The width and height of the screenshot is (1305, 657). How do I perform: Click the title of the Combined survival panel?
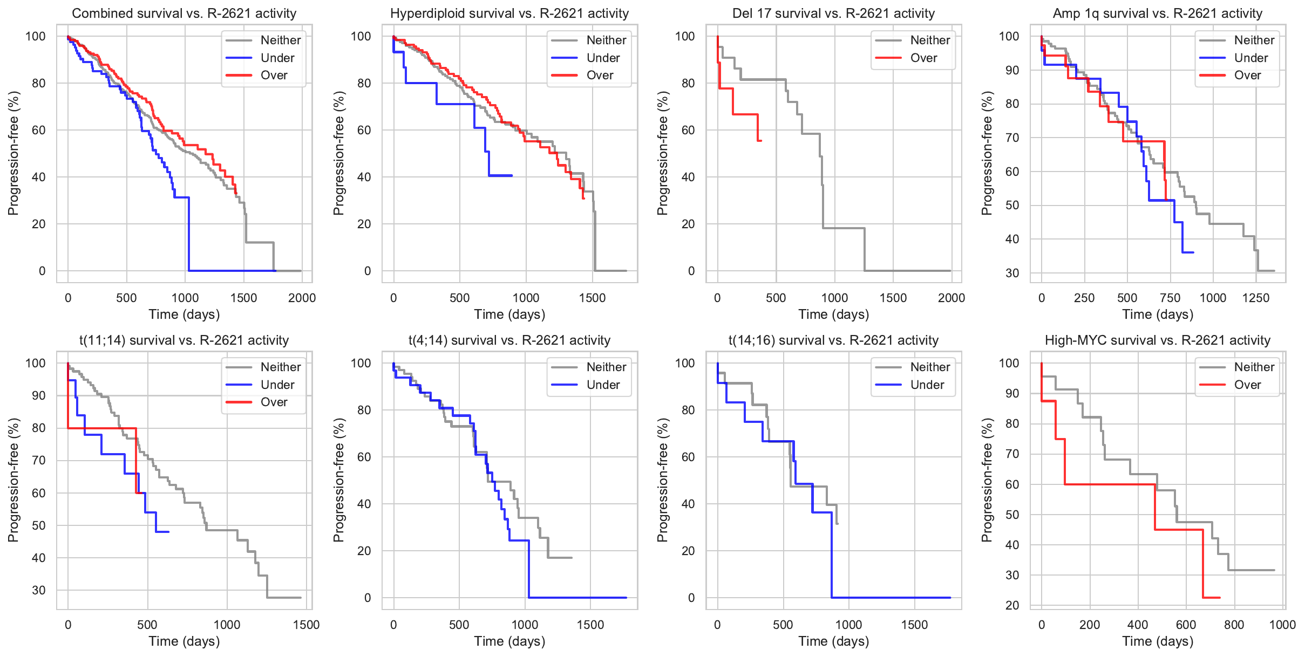click(184, 13)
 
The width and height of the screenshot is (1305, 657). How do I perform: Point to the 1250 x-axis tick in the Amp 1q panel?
click(1256, 298)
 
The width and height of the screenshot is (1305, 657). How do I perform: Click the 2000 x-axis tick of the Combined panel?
click(302, 298)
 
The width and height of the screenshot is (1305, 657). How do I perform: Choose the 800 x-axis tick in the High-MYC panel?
click(1234, 625)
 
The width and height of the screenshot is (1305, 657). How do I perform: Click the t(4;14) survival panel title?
click(509, 340)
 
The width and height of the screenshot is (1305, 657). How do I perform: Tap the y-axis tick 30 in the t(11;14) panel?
click(38, 590)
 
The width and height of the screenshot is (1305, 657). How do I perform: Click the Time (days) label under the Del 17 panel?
click(833, 314)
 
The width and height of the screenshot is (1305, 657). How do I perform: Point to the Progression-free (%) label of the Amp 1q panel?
click(987, 153)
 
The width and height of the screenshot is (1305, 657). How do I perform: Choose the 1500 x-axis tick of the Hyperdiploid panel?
click(592, 298)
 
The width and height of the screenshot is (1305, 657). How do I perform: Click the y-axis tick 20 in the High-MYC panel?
click(1012, 605)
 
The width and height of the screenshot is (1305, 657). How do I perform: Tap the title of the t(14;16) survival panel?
click(833, 340)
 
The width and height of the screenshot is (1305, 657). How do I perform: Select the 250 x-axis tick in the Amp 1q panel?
click(1084, 298)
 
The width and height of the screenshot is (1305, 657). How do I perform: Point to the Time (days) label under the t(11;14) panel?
click(184, 641)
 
